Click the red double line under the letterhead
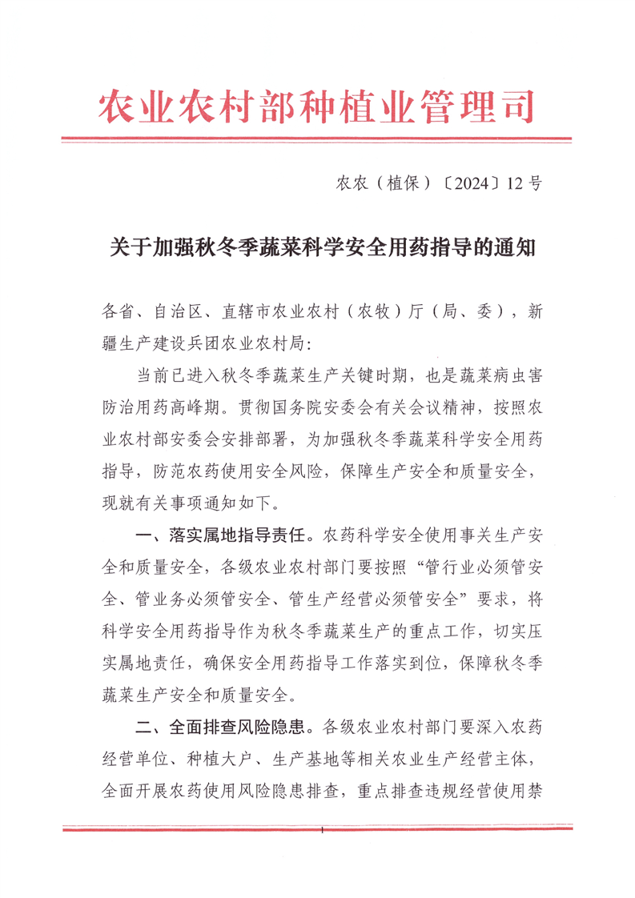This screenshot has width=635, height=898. pos(317,141)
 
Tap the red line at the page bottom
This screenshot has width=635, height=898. pos(317,828)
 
